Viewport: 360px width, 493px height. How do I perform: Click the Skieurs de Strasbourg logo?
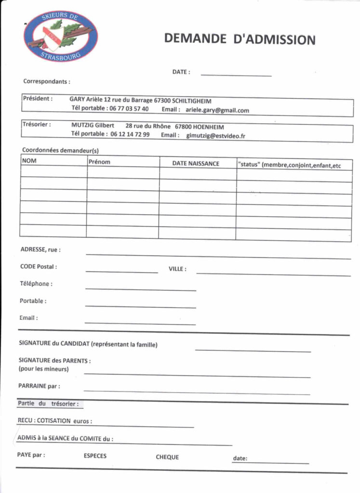[60, 36]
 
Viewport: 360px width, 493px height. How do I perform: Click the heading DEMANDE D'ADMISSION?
[240, 39]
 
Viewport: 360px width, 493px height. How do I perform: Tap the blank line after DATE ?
[236, 74]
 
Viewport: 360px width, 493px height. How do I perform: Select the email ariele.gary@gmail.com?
[217, 110]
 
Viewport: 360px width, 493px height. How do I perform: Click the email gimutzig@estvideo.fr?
[216, 136]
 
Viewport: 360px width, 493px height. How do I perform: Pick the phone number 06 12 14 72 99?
[130, 134]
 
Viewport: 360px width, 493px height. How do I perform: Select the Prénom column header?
[99, 162]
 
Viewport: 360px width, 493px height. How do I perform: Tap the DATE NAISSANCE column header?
[196, 164]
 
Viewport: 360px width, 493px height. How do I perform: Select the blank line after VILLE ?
[273, 274]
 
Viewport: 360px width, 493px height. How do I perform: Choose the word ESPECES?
[95, 455]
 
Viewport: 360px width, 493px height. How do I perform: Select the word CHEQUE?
[167, 457]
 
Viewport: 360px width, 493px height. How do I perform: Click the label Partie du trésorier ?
[48, 403]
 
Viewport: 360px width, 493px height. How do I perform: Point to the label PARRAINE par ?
[39, 386]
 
